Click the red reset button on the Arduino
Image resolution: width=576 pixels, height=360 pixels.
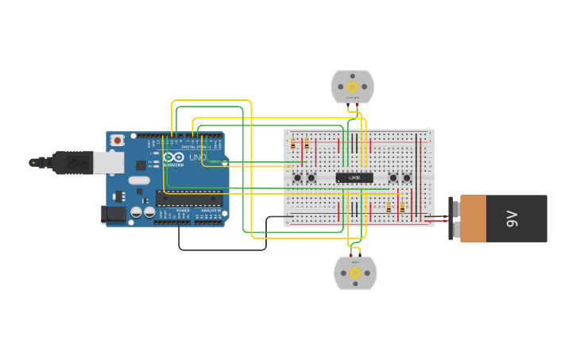[x=117, y=141]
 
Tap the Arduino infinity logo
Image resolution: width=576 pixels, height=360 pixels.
[x=174, y=157]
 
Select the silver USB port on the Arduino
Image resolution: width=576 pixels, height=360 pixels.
[x=109, y=163]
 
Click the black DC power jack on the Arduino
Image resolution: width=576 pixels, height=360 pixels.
[x=114, y=213]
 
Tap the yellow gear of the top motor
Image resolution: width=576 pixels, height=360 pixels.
[x=352, y=87]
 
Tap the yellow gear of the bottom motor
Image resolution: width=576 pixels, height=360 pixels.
[x=355, y=273]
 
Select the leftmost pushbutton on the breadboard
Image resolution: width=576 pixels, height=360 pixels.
[x=298, y=177]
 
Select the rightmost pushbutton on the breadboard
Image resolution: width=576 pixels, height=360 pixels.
[x=407, y=177]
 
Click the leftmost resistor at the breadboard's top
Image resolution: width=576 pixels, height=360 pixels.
[x=293, y=144]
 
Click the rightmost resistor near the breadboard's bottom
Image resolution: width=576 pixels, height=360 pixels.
[x=402, y=207]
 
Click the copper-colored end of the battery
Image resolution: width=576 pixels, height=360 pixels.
[x=473, y=219]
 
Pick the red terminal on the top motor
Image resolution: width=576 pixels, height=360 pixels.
[x=357, y=105]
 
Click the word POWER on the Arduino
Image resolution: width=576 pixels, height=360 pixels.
[x=183, y=211]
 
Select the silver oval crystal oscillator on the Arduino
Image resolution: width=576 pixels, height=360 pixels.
[x=139, y=180]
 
